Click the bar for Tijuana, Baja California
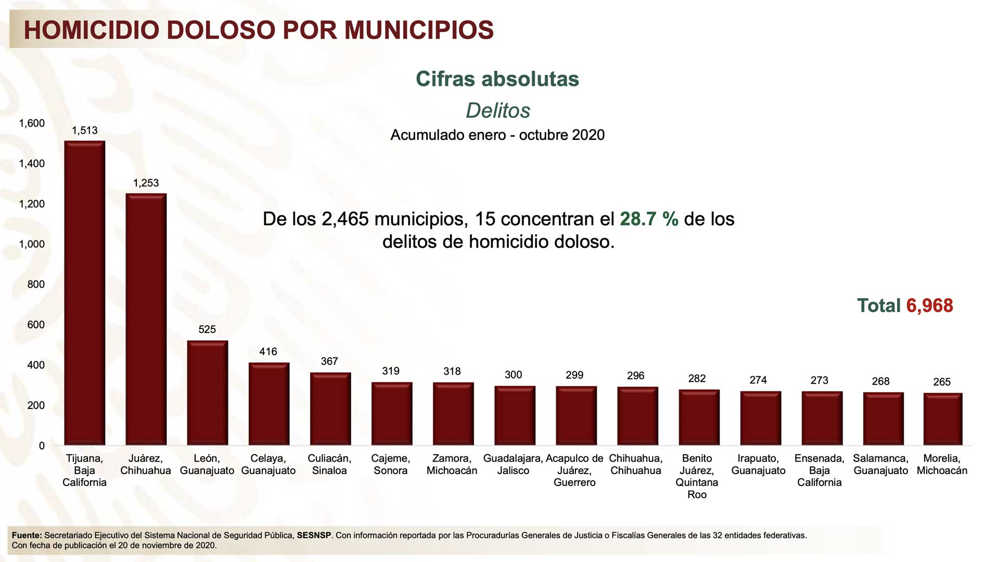[84, 293]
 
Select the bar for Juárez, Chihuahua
[146, 319]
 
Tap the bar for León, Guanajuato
[207, 393]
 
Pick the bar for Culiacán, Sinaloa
[330, 408]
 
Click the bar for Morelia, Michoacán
[942, 419]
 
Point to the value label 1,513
[84, 131]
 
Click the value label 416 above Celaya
[268, 352]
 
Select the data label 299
[574, 375]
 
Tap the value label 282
[697, 379]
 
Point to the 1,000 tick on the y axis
[32, 244]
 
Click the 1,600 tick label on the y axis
[32, 123]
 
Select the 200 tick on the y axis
[36, 405]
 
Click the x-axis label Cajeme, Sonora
[390, 464]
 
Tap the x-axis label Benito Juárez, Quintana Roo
[697, 476]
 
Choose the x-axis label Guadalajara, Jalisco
[513, 464]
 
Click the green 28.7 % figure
[649, 219]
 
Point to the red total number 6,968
[929, 306]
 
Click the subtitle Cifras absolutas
[497, 79]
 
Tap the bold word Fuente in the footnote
[26, 535]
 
